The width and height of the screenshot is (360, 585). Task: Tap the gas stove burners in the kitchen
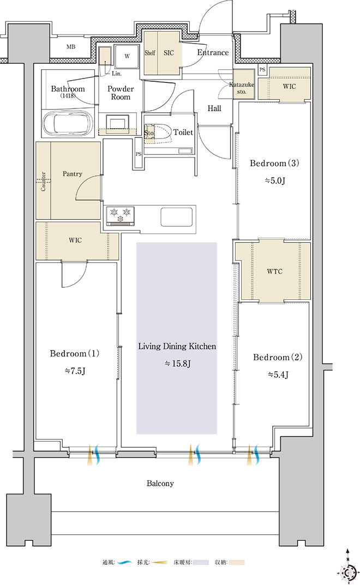click(120, 215)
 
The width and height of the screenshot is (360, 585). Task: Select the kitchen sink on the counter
click(177, 216)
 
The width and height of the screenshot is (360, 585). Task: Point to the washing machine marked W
click(127, 56)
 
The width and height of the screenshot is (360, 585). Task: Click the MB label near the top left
click(71, 47)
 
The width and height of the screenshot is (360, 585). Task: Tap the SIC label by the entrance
click(169, 53)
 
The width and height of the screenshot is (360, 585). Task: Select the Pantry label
click(73, 173)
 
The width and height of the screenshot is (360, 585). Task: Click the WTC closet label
click(274, 271)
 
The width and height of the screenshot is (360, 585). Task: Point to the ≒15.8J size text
click(178, 364)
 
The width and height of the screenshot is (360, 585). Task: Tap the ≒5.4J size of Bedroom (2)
click(278, 374)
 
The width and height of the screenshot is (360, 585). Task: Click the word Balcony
click(160, 484)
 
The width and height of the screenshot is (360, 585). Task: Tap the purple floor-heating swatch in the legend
click(201, 562)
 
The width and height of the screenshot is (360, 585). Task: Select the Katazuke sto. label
click(242, 88)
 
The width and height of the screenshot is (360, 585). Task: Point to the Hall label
click(214, 108)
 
